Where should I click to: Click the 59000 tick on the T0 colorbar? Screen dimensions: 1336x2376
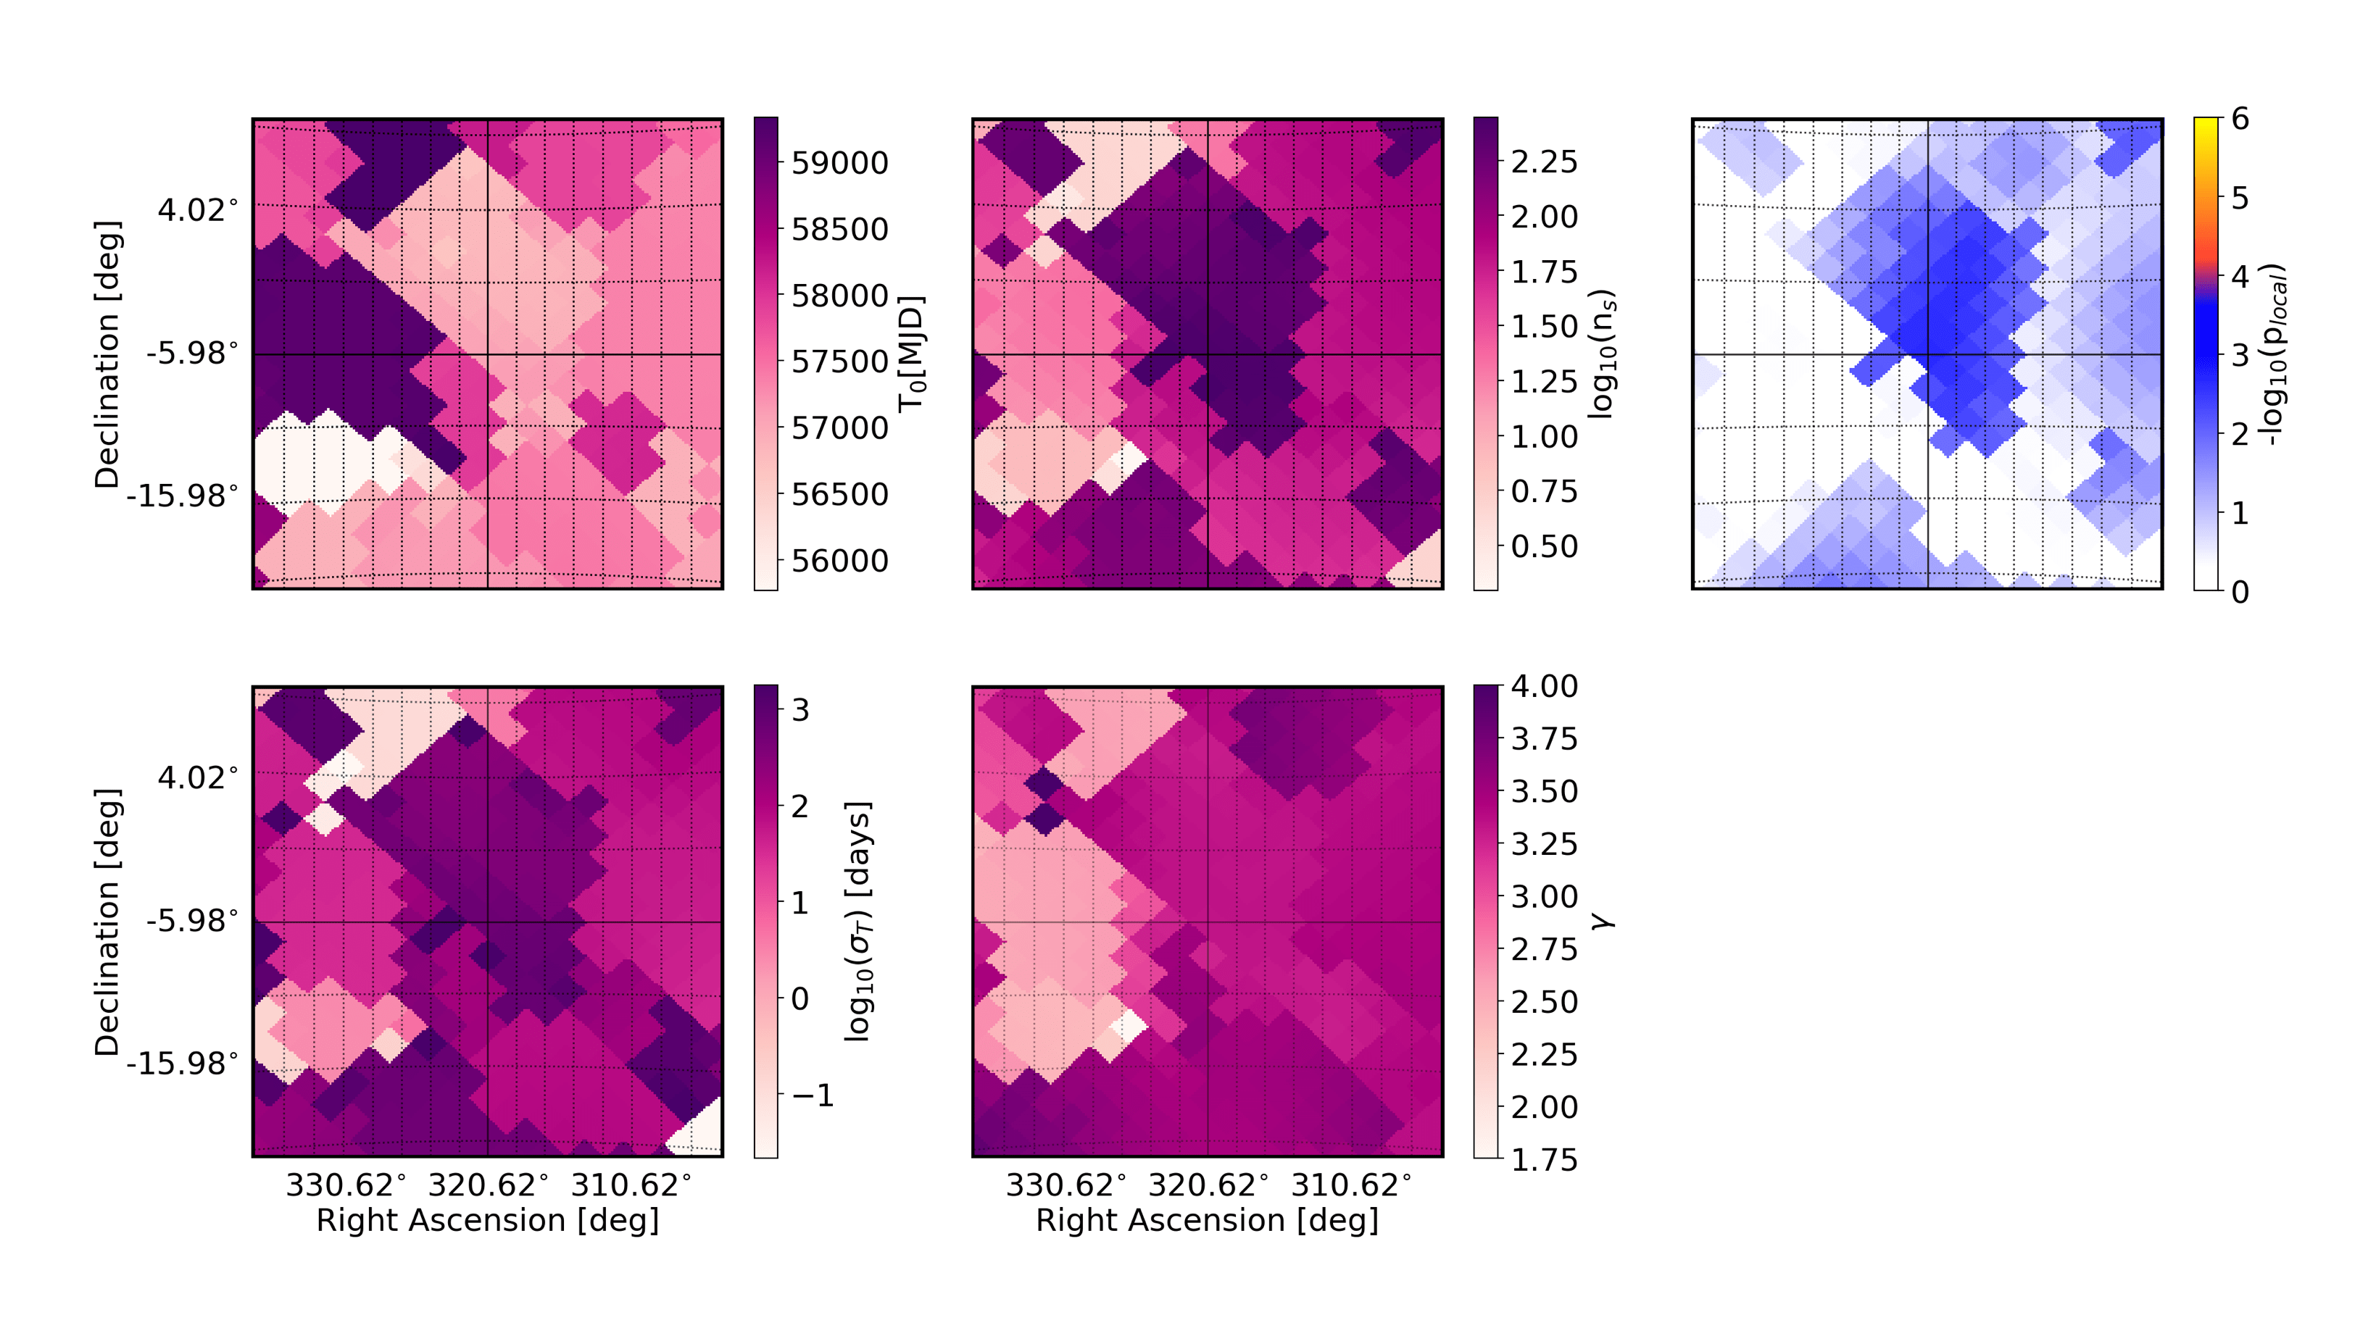click(x=839, y=163)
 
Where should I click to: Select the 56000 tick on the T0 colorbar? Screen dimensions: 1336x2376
click(x=839, y=561)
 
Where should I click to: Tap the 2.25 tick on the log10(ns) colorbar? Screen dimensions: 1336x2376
click(x=1544, y=162)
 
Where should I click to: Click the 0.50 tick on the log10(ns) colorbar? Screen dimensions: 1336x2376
click(x=1544, y=547)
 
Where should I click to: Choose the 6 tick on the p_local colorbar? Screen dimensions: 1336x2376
click(x=2240, y=119)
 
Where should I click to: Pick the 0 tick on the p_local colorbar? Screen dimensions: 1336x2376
click(x=2240, y=591)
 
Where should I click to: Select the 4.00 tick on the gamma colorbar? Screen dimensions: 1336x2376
click(x=1544, y=686)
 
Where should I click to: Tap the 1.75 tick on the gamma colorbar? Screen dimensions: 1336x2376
click(x=1544, y=1159)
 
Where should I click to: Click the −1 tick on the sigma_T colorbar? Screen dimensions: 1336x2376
click(x=813, y=1095)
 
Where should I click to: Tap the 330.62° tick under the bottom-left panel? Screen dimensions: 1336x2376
click(x=346, y=1185)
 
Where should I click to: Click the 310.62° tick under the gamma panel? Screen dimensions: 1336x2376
click(x=1351, y=1185)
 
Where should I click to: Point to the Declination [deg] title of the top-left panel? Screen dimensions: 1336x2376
click(x=107, y=354)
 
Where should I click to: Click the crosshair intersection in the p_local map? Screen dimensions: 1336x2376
click(x=1928, y=354)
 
